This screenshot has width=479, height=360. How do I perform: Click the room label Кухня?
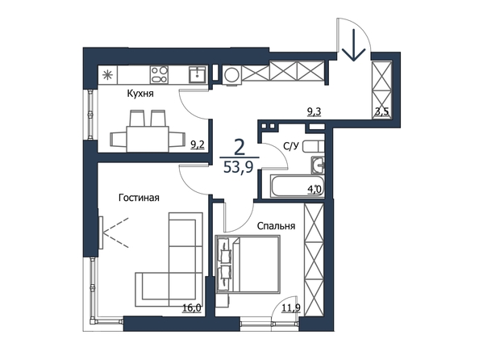point(140,94)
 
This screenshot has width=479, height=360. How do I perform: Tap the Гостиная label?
point(139,198)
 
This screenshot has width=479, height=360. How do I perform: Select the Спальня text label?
point(276,226)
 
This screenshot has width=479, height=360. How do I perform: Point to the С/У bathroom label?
point(290,147)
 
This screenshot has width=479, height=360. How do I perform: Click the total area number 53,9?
point(238,167)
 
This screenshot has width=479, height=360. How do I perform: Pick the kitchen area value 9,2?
point(198,144)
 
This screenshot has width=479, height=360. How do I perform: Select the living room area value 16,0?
point(192,308)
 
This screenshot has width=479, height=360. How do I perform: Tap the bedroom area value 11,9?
point(291,308)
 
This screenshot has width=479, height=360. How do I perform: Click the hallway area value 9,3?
point(314,112)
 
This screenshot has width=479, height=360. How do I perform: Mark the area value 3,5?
point(382,111)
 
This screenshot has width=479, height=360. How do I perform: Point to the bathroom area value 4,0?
point(314,188)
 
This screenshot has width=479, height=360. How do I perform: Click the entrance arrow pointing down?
point(354,45)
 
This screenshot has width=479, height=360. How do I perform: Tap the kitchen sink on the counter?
point(198,74)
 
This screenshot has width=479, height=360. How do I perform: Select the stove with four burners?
point(159,74)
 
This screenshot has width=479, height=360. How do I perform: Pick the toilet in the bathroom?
point(313,147)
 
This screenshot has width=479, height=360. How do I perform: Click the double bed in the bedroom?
point(248,264)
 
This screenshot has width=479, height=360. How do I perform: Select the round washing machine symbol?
point(231,74)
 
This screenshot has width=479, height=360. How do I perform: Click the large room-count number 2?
point(239,147)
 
